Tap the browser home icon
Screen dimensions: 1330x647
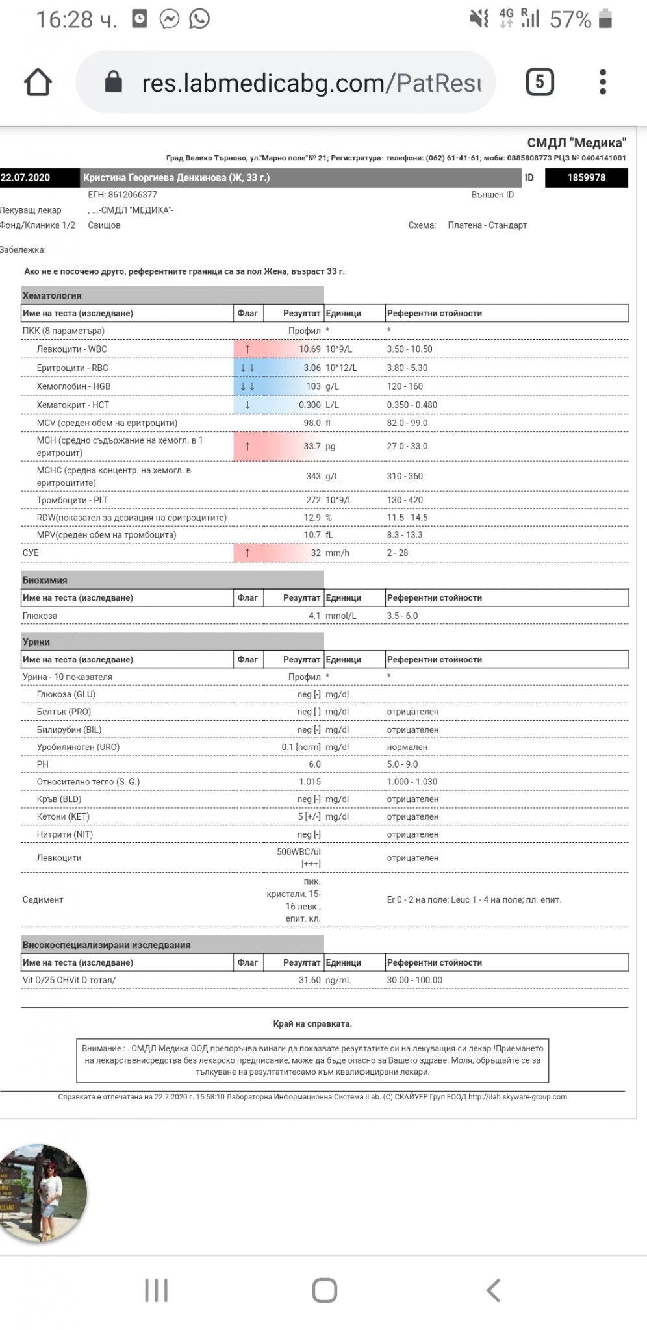38,82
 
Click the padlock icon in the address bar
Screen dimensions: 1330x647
114,82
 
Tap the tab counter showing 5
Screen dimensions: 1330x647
539,82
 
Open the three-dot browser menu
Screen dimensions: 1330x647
603,82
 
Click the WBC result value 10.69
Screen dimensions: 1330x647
309,349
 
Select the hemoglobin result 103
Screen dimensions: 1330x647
313,386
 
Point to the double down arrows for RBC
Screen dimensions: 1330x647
247,368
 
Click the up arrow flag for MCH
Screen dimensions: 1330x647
247,447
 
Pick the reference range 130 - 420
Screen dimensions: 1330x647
405,501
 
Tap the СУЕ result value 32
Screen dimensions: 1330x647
315,553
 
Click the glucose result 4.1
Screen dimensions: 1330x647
314,616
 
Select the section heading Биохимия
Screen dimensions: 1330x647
45,581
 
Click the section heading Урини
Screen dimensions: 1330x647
36,642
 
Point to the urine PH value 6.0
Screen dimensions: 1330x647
314,765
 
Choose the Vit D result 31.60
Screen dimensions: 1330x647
309,981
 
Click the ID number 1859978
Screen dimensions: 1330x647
586,178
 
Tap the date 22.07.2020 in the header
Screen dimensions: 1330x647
25,178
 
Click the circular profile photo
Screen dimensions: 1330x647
43,1194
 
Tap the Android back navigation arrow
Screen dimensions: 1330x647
494,1290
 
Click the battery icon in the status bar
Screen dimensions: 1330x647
605,19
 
